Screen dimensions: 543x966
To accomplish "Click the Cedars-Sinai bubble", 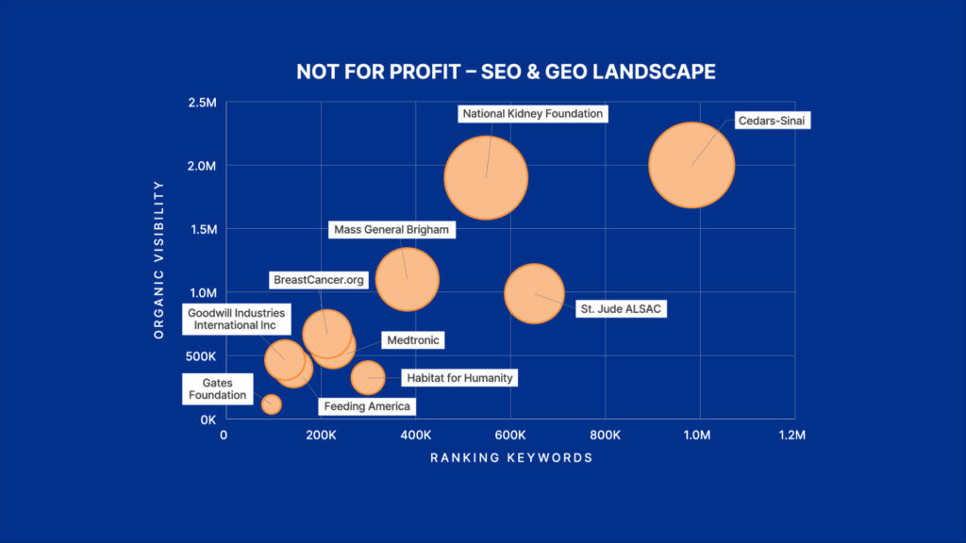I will [691, 165].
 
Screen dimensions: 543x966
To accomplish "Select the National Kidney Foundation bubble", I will [486, 177].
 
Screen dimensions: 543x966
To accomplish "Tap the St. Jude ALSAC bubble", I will [534, 294].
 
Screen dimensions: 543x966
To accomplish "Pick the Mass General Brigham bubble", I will [408, 278].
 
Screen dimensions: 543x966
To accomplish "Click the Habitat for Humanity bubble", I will [368, 377].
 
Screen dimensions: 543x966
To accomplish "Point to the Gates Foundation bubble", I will [272, 404].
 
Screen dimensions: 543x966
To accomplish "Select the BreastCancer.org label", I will [318, 280].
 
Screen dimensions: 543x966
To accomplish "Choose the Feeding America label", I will [367, 406].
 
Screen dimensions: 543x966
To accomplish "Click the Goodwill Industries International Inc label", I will [236, 319].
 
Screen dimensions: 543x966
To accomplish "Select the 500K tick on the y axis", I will [199, 356].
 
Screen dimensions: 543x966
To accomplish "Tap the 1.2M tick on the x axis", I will [792, 436].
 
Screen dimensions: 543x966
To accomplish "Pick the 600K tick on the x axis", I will [509, 436].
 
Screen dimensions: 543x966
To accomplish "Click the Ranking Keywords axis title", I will [511, 458].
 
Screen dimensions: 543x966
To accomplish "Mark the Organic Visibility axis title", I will [159, 259].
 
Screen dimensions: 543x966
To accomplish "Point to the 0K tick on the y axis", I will [206, 420].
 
